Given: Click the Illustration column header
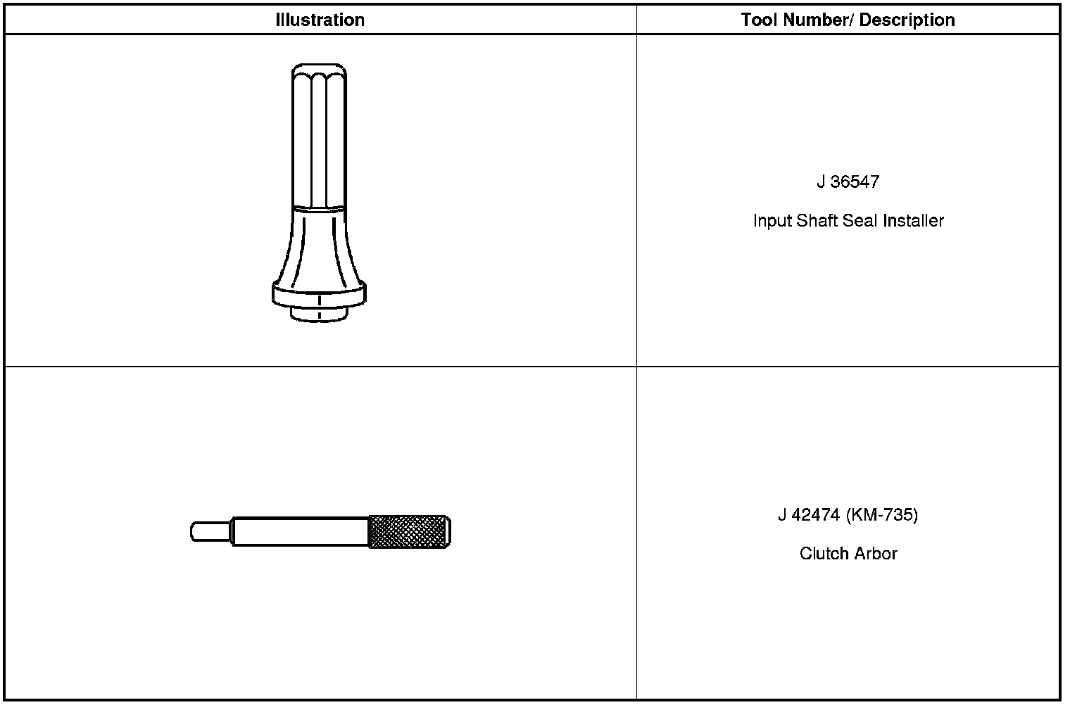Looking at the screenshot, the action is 320,20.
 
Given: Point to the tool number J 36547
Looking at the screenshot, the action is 848,182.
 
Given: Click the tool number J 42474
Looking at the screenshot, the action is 810,515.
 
